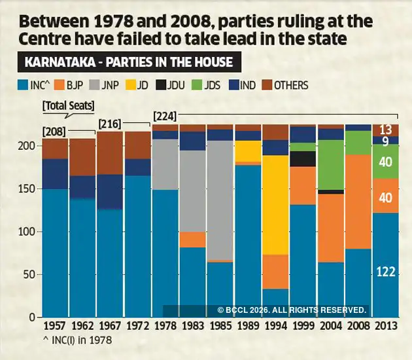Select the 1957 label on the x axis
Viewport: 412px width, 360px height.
[55, 325]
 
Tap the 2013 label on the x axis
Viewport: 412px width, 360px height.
[385, 325]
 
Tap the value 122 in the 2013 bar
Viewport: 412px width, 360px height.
[385, 271]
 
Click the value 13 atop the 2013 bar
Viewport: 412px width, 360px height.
[385, 130]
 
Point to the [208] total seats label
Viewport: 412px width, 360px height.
[54, 132]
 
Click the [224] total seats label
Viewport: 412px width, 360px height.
[164, 116]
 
